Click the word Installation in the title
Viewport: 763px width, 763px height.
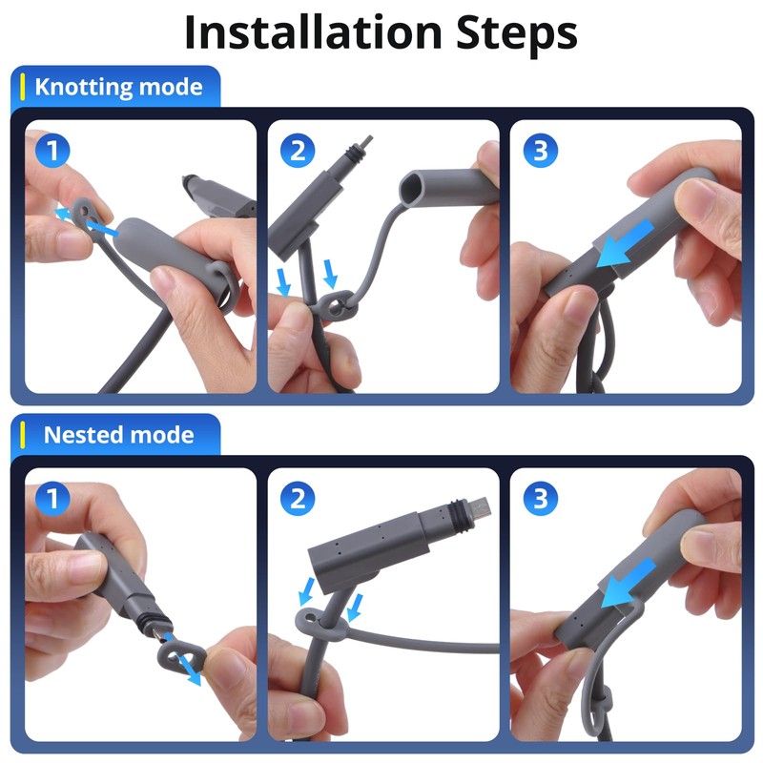[x=314, y=32]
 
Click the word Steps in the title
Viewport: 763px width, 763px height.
[x=517, y=34]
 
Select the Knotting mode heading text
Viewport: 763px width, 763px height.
[x=118, y=88]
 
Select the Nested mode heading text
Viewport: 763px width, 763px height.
[x=118, y=435]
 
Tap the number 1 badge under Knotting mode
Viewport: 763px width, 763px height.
[x=52, y=151]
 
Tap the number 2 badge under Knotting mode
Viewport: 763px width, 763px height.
[x=298, y=151]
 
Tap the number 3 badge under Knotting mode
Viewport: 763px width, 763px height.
[x=541, y=151]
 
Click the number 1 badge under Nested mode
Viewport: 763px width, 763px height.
[x=52, y=499]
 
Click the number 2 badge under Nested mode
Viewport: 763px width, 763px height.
[x=298, y=499]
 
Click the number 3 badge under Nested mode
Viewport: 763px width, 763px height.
[x=541, y=499]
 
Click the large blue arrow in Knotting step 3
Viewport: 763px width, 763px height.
[x=626, y=244]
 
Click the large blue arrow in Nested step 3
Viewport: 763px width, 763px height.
[x=629, y=583]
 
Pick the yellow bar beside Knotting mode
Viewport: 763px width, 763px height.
[x=22, y=87]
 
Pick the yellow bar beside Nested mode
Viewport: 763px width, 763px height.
[x=22, y=435]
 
